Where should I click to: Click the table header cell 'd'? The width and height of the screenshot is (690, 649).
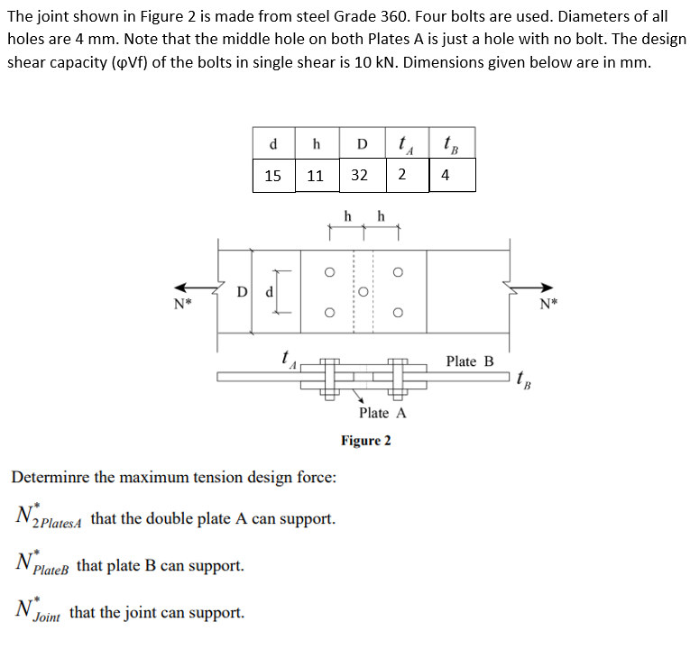[273, 144]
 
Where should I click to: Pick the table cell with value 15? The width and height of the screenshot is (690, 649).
[273, 176]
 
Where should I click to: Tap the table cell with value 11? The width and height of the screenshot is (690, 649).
[316, 176]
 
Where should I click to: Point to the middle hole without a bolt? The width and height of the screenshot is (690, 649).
[363, 292]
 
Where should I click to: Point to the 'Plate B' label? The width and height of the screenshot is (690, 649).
[470, 361]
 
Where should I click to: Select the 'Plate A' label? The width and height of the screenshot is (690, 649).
[382, 413]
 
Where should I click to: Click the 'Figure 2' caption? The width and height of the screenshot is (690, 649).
[365, 441]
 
